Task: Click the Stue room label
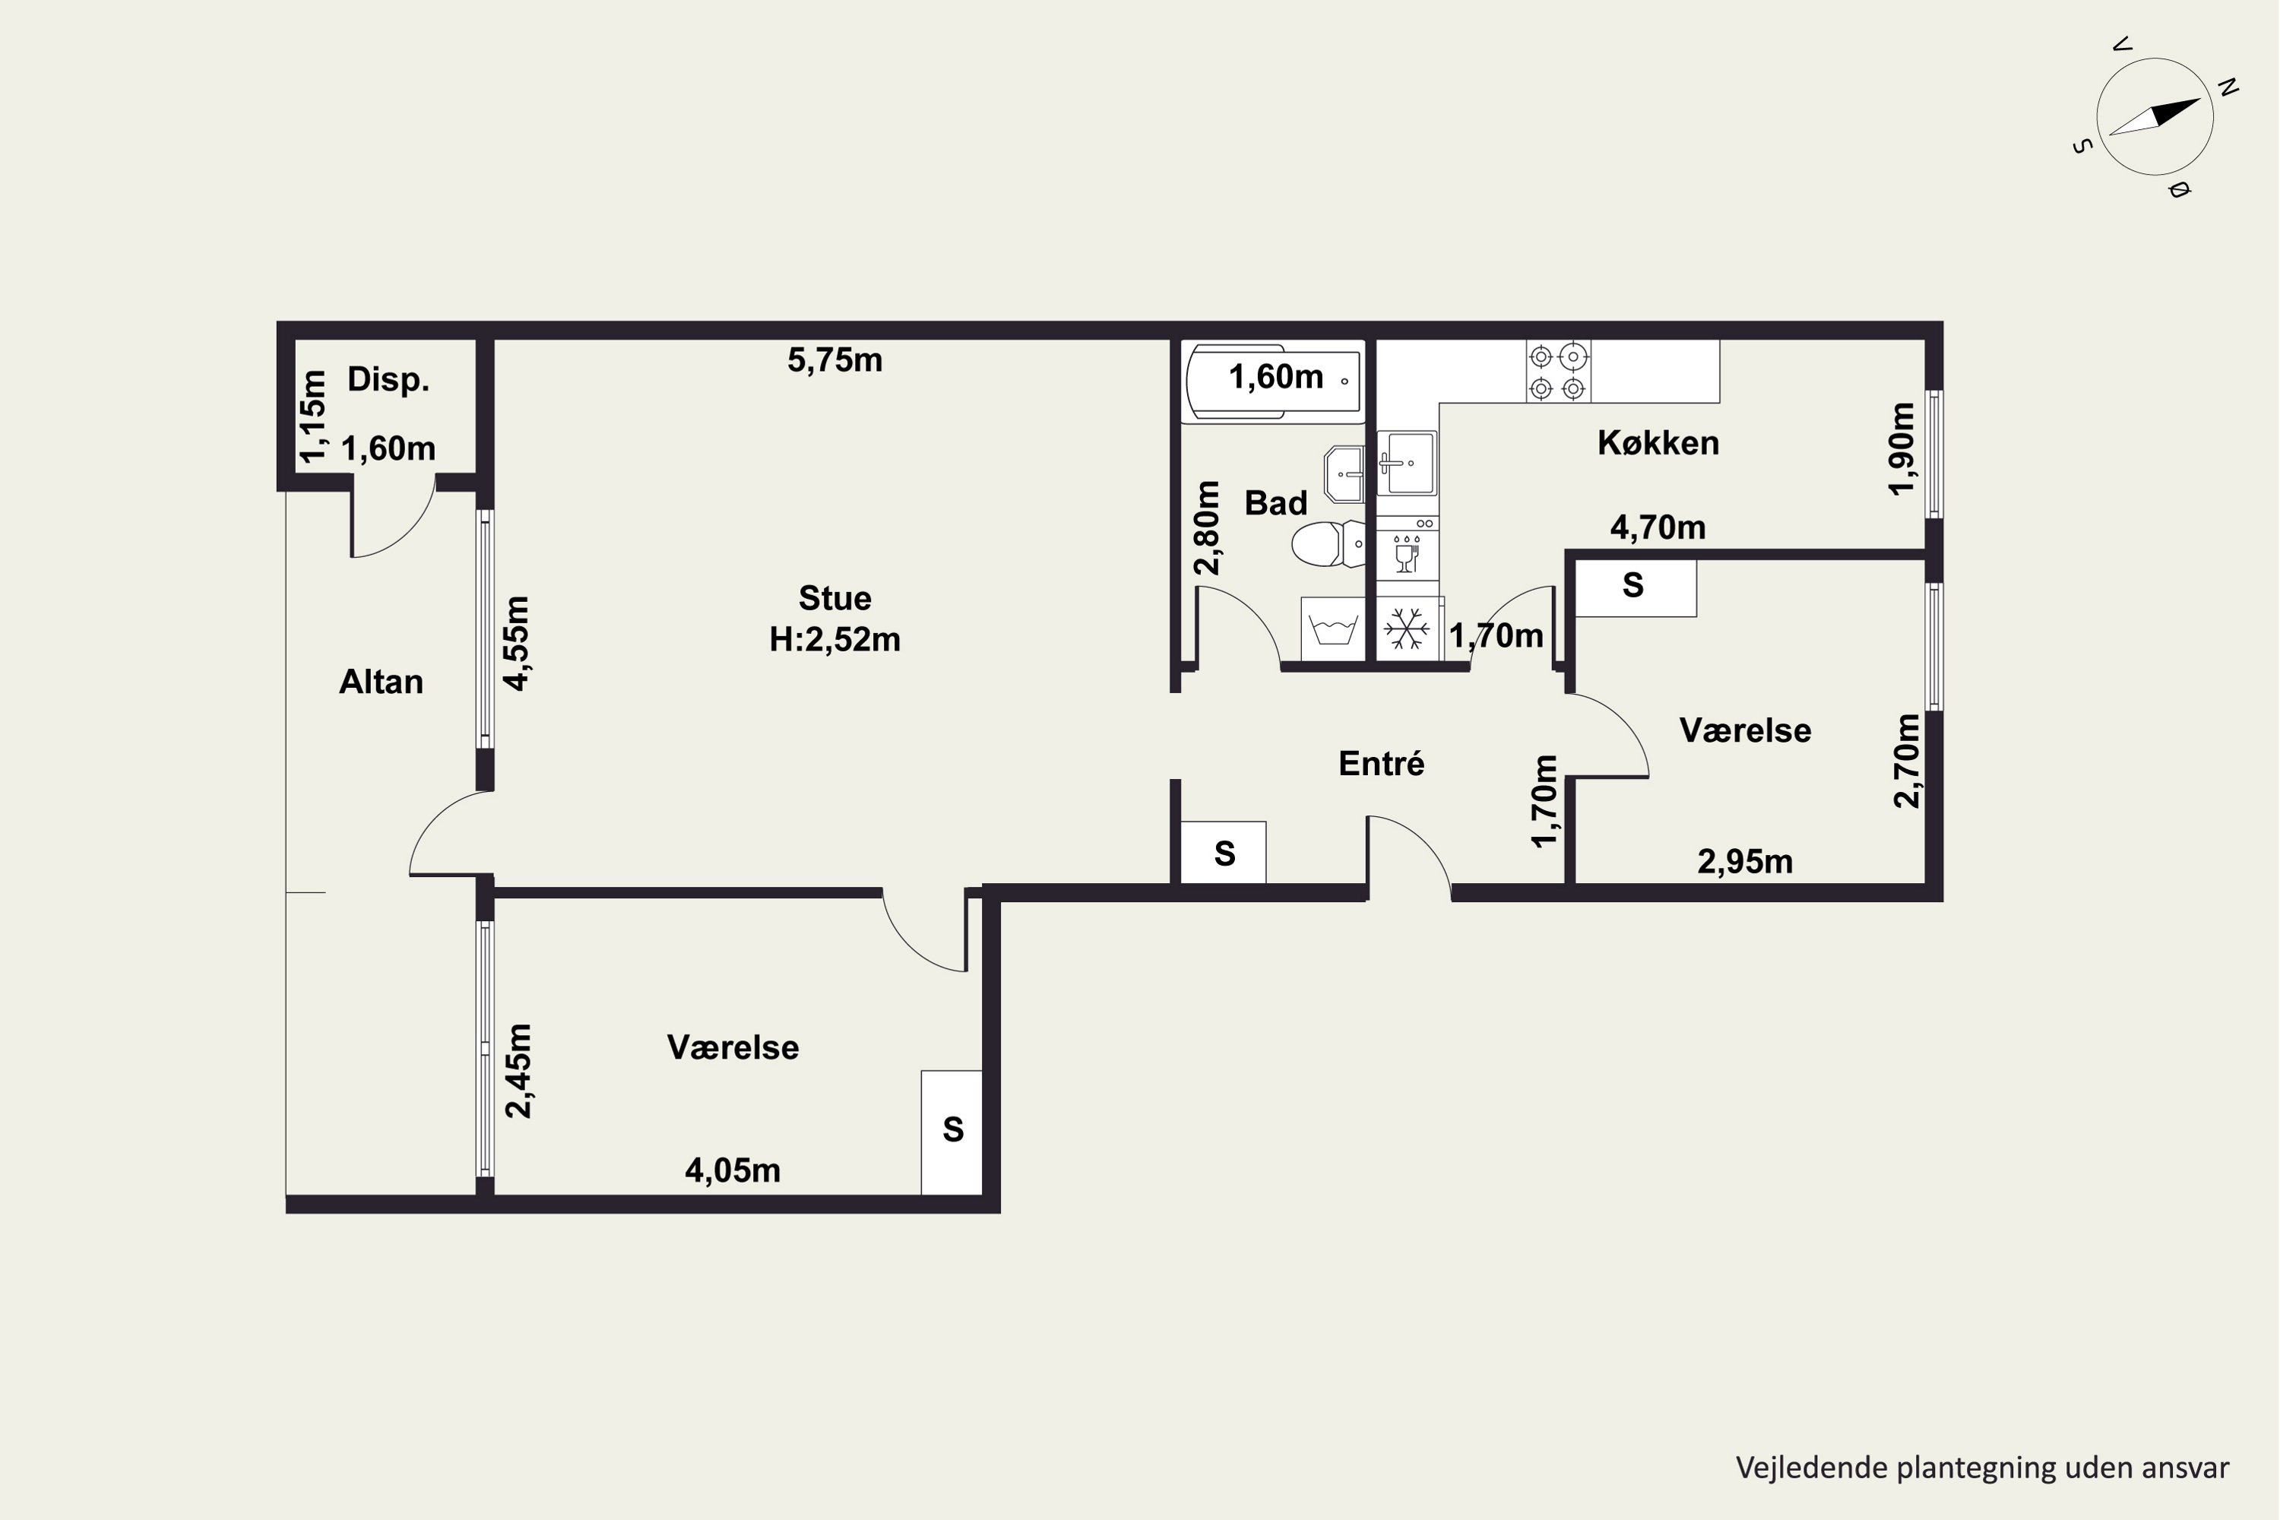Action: [x=834, y=598]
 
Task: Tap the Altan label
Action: [x=381, y=682]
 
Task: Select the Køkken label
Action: [x=1658, y=443]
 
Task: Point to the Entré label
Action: [x=1382, y=763]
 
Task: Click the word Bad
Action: [x=1276, y=502]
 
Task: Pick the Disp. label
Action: [x=388, y=379]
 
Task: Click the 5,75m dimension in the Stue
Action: [x=834, y=360]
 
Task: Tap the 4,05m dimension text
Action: [x=733, y=1171]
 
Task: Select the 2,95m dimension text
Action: [x=1745, y=862]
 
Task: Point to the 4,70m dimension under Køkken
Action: [x=1658, y=527]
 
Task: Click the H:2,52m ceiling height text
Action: [x=834, y=640]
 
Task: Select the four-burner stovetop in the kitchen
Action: [x=1559, y=372]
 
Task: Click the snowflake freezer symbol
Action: [x=1407, y=629]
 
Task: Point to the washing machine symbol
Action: [x=1333, y=629]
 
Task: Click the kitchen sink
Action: [x=1408, y=464]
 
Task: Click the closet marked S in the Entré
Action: [x=1224, y=853]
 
